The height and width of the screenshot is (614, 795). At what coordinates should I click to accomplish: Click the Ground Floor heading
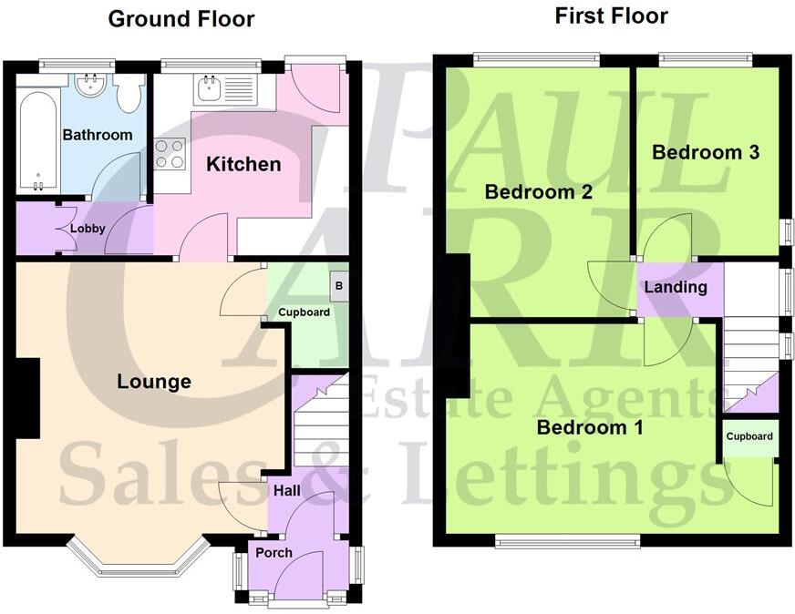tap(181, 19)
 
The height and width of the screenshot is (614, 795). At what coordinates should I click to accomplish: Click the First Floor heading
tap(611, 15)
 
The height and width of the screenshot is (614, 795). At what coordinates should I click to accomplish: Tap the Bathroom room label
tap(97, 135)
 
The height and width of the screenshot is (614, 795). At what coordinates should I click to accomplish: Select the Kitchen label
tap(243, 164)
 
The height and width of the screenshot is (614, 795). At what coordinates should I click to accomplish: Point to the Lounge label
tap(154, 381)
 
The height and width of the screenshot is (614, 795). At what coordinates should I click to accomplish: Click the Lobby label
tap(88, 229)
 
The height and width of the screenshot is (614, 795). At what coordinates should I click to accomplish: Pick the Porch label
tap(274, 552)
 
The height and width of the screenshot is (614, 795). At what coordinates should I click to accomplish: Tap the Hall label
tap(286, 491)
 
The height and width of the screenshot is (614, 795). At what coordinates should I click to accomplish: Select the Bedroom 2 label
tap(538, 192)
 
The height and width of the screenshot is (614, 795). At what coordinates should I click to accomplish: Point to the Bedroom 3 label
tap(706, 152)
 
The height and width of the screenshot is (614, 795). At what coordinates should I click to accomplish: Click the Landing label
tap(676, 287)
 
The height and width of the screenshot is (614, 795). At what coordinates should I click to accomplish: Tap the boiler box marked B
tap(339, 284)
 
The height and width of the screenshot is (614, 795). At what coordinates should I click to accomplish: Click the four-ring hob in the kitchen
tap(170, 153)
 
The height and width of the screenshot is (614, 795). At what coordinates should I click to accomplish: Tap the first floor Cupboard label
tap(749, 436)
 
